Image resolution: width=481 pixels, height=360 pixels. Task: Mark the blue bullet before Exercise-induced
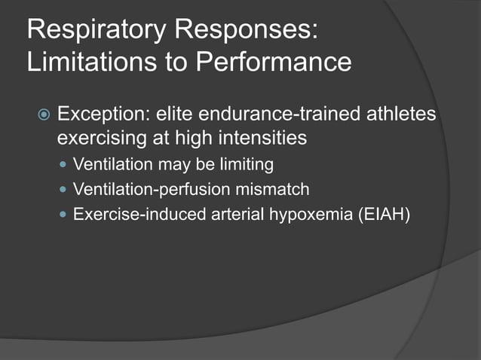point(63,215)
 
